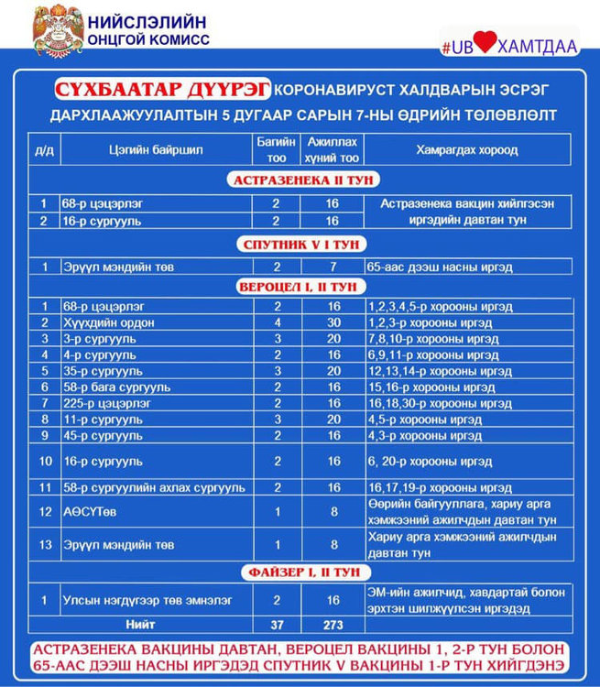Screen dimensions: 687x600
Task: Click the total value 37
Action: point(277,625)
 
